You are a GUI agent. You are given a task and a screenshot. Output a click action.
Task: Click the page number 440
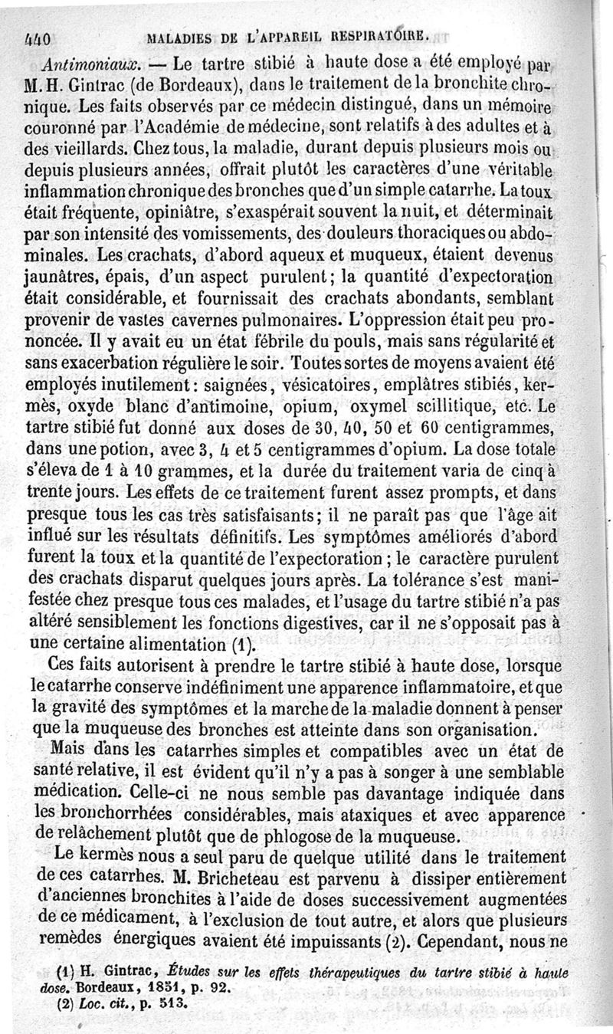tap(37, 37)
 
